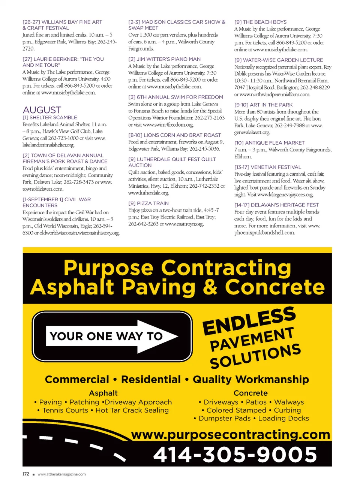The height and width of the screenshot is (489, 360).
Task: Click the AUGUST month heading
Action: point(42,110)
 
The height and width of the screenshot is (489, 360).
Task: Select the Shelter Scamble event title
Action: point(50,118)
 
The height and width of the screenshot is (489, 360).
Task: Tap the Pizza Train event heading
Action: point(148,203)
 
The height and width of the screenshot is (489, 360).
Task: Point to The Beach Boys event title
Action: point(260,22)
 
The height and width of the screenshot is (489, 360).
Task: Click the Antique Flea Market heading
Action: point(269,143)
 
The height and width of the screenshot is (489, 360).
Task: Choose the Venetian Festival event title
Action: point(268,167)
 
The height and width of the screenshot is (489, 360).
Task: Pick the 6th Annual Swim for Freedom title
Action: point(175,97)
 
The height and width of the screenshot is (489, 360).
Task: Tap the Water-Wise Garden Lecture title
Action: point(278,60)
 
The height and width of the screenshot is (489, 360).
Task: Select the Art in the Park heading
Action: point(263,105)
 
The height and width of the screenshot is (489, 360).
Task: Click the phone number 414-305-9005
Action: point(235,455)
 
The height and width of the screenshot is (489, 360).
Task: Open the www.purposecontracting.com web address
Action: point(231,434)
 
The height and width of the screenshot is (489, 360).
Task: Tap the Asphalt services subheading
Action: point(103,393)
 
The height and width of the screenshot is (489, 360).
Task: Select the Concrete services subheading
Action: point(250,393)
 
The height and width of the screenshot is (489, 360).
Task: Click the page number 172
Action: point(26,474)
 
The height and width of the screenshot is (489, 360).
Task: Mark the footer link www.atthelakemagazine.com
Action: point(61,474)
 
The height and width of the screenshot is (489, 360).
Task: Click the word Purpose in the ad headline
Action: point(108,268)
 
